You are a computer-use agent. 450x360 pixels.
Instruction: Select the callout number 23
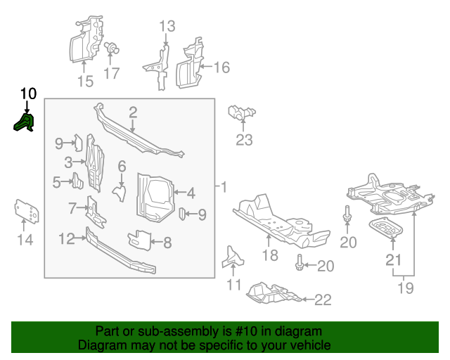click(x=243, y=141)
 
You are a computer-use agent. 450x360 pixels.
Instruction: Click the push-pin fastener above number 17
click(x=111, y=49)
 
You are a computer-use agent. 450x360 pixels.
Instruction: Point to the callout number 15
click(x=85, y=82)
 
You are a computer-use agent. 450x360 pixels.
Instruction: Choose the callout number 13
click(x=167, y=27)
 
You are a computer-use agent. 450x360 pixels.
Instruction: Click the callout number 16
click(x=221, y=67)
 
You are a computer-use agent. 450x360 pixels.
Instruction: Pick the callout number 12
click(x=67, y=239)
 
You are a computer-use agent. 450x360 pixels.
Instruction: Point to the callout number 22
click(x=322, y=301)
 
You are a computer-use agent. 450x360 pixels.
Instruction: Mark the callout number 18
click(x=271, y=255)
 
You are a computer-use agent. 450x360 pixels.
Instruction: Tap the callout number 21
click(x=392, y=260)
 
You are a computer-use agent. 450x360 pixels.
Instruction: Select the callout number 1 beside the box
click(x=224, y=188)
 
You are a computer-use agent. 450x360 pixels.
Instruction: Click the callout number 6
click(x=122, y=166)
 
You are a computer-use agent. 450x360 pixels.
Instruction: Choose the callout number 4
click(x=191, y=191)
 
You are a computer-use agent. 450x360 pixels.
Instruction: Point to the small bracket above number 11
click(x=232, y=258)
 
